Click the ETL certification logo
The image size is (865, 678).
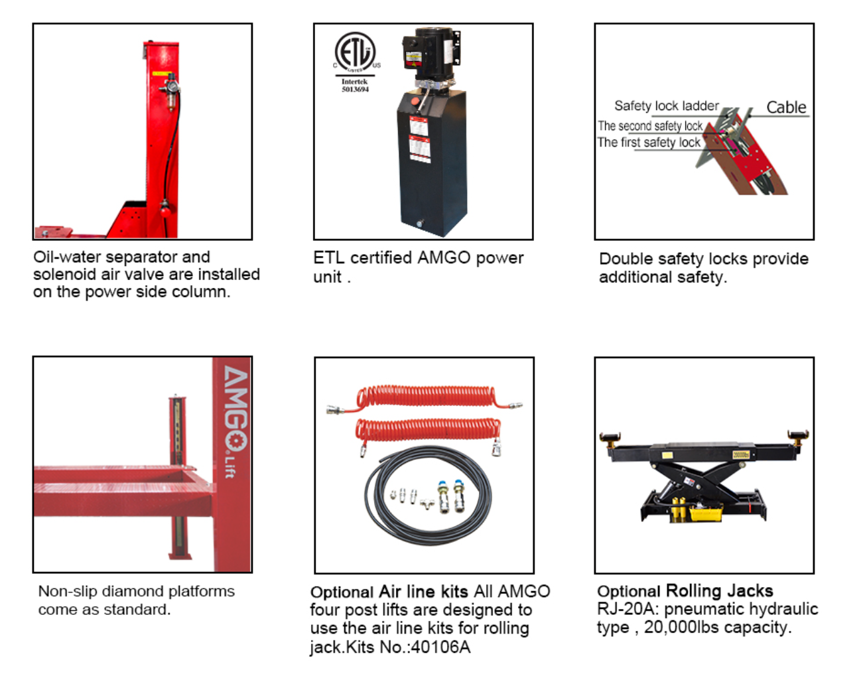356,53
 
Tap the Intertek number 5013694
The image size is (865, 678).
355,90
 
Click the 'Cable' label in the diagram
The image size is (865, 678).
786,107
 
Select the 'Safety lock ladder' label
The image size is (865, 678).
667,106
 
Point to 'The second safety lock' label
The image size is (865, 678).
649,126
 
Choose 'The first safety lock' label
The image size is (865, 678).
649,143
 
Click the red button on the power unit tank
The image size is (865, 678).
415,101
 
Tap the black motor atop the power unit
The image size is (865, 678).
431,54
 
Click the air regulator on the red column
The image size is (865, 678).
171,92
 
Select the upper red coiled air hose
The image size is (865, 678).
425,397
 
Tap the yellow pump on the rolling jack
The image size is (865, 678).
705,513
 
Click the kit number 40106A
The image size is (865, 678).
440,647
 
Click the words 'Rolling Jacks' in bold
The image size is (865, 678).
719,591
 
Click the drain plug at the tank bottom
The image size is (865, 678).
419,224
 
